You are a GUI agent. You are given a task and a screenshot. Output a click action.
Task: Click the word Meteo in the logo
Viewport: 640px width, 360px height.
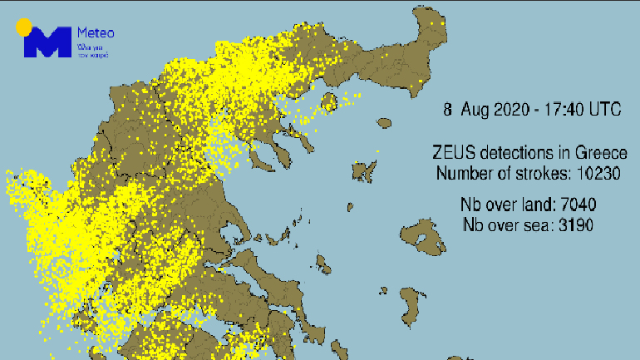[x=95, y=33]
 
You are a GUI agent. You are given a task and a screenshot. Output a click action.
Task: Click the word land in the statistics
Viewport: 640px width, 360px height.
[x=531, y=205]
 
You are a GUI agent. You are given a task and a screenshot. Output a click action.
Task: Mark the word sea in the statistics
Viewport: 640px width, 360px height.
[x=529, y=224]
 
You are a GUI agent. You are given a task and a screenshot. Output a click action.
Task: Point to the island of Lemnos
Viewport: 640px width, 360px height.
[x=362, y=171]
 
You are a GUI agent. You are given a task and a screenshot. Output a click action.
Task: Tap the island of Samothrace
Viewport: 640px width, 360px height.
[x=383, y=122]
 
